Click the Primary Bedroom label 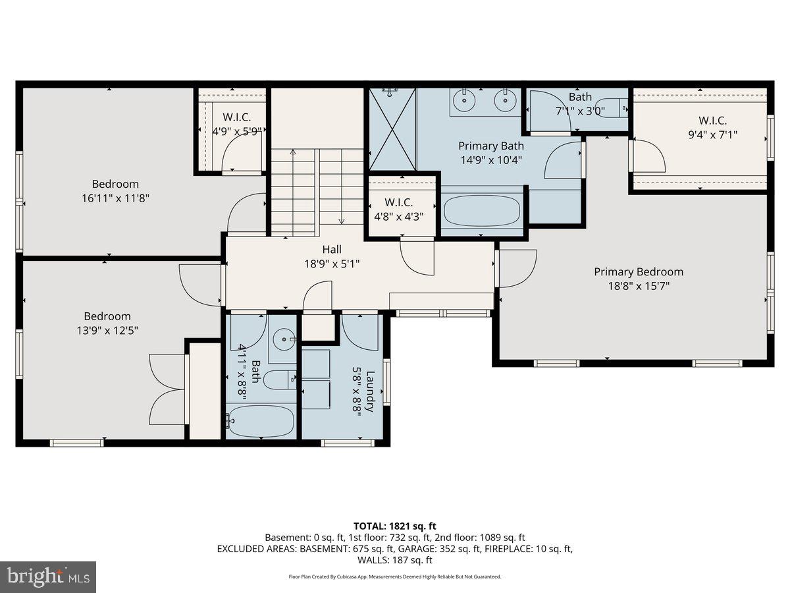coord(638,271)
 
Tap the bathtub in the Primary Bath coord(482,212)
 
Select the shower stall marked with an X coord(392,129)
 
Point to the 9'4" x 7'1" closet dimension coord(712,134)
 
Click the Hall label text coord(332,250)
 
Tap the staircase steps coord(317,191)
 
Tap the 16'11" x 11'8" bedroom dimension coord(115,198)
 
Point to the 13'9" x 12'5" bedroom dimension coord(107,329)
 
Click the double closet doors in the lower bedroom coord(167,389)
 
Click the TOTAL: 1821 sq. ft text coord(394,526)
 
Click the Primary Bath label coord(491,146)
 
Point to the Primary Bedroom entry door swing coord(515,269)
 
